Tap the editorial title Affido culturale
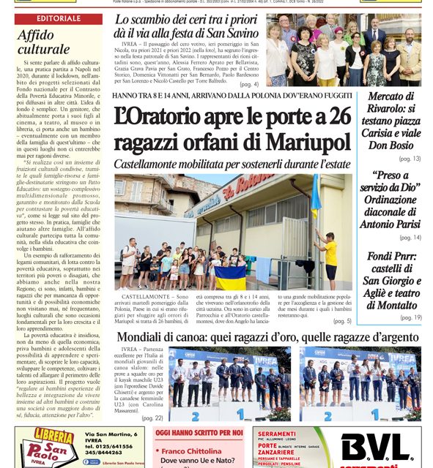44,42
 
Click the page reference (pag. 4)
248,85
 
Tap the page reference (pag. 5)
341,320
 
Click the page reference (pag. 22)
153,418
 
